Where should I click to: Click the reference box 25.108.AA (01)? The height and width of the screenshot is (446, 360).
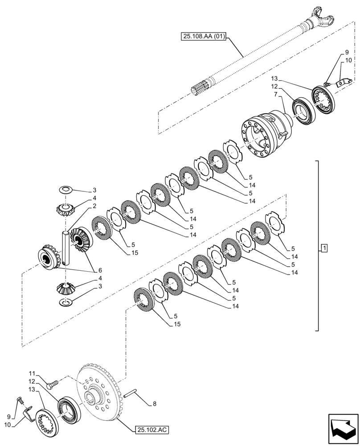point(204,38)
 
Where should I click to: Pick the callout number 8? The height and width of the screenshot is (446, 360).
point(155,404)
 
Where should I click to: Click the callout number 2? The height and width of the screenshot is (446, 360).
point(94,206)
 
